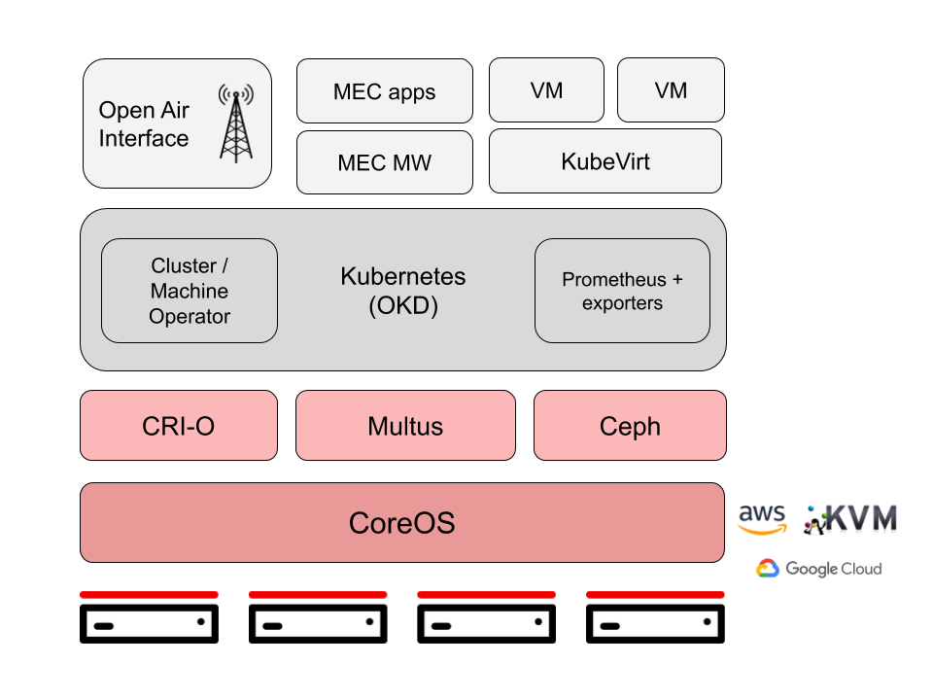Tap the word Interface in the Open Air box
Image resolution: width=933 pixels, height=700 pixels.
tap(144, 139)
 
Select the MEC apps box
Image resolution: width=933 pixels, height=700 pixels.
tap(384, 91)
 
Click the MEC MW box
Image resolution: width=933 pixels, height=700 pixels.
tap(384, 162)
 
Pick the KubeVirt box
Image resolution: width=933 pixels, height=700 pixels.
tap(605, 161)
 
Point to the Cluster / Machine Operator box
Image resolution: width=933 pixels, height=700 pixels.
tap(190, 291)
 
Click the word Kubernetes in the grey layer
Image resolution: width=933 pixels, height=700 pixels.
tap(402, 276)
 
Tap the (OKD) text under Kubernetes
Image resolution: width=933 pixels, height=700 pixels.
tap(402, 306)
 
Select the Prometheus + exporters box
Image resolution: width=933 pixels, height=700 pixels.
tap(622, 291)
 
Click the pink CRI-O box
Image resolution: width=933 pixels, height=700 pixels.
tap(178, 426)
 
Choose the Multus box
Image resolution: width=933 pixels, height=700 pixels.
tap(405, 426)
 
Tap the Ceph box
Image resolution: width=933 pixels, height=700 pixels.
tap(630, 426)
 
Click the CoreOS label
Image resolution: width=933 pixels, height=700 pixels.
tap(401, 523)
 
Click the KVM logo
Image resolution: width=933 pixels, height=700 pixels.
tap(851, 519)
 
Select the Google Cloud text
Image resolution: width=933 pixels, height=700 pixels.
tap(834, 569)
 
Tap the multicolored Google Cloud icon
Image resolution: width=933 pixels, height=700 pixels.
tap(768, 569)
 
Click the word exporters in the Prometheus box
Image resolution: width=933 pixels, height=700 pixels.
tap(622, 303)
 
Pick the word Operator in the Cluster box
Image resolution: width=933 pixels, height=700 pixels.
tap(190, 316)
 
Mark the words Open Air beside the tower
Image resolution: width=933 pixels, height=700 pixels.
tap(144, 111)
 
